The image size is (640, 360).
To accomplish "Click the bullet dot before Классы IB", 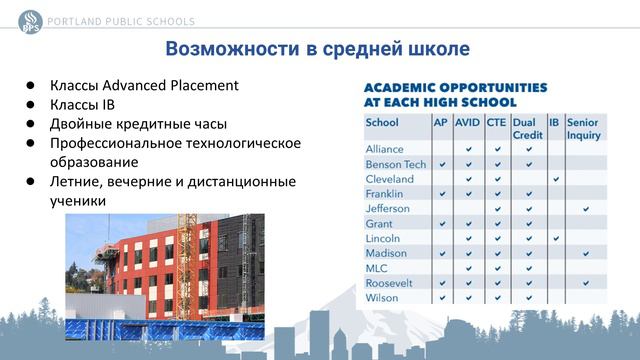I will tap(31, 104).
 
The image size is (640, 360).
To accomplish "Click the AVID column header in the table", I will tap(467, 123).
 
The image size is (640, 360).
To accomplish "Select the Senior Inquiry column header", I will tap(583, 128).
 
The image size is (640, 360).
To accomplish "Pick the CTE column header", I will tap(496, 123).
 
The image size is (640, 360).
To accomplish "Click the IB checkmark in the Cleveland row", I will tap(555, 179).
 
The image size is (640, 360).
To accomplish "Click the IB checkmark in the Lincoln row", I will tap(555, 238).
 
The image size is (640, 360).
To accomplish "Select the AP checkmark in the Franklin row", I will tap(441, 193).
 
